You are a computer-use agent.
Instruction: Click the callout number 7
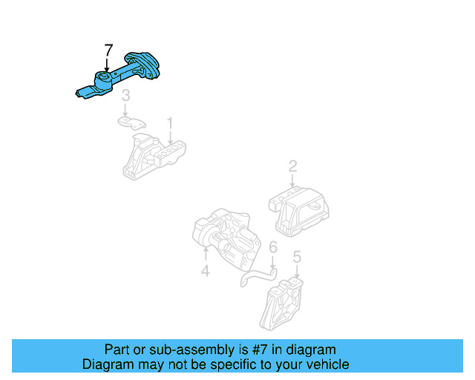click(108, 50)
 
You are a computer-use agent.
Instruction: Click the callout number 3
click(126, 95)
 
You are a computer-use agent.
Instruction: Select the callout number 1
click(169, 122)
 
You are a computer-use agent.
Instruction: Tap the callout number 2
click(292, 166)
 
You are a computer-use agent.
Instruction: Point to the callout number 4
click(206, 272)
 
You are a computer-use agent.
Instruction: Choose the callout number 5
click(297, 258)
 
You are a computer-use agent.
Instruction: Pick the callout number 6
click(273, 248)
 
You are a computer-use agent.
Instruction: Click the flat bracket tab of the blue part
click(85, 92)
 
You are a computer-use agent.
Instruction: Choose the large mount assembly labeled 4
click(226, 237)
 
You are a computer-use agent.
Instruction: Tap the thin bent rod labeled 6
click(256, 277)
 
